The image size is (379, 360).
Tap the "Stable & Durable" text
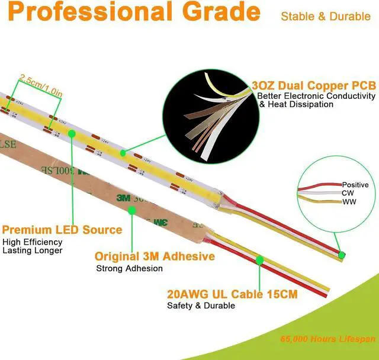pyautogui.click(x=326, y=17)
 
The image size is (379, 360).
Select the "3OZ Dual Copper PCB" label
pyautogui.click(x=313, y=86)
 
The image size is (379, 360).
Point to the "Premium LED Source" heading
pyautogui.click(x=62, y=230)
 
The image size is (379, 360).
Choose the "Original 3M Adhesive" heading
pyautogui.click(x=155, y=256)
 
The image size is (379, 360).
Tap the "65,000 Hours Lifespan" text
pyautogui.click(x=328, y=339)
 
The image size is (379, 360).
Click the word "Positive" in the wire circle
pyautogui.click(x=355, y=185)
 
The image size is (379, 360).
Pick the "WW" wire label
pyautogui.click(x=349, y=202)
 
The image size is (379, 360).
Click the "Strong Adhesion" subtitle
pyautogui.click(x=129, y=268)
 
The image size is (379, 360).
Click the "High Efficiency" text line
pyautogui.click(x=33, y=242)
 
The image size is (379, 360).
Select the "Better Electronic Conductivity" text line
pyautogui.click(x=317, y=95)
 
